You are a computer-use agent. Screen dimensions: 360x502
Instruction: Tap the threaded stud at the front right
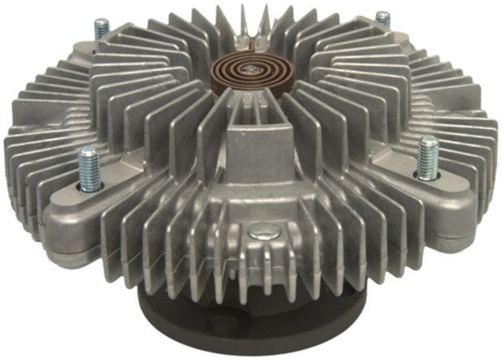point(428,157)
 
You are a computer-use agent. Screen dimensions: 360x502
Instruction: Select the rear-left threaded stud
point(101,32)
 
